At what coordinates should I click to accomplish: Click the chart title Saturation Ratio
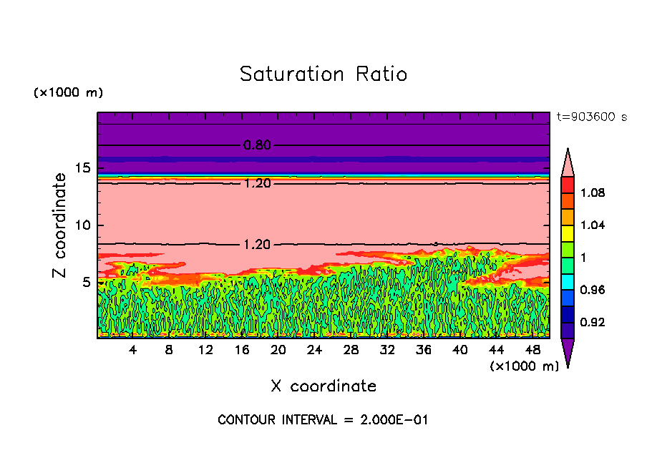(323, 74)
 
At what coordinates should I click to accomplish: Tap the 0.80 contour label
(257, 145)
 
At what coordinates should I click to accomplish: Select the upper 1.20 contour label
(257, 183)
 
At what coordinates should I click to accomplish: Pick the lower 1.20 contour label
(257, 245)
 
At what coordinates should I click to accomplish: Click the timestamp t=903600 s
(591, 117)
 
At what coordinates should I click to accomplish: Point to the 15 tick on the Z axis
(82, 169)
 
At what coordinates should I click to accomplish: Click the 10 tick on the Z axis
(82, 225)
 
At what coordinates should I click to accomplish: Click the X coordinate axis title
(323, 386)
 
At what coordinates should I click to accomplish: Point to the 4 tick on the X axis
(133, 350)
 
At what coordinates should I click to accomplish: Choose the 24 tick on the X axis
(314, 350)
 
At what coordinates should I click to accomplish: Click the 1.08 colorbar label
(593, 193)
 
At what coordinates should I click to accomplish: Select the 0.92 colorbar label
(593, 323)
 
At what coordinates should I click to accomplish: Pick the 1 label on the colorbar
(584, 258)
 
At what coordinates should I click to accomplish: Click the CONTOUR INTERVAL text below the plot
(323, 420)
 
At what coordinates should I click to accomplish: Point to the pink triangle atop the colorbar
(568, 162)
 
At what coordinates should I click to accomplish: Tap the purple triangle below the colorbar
(568, 352)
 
